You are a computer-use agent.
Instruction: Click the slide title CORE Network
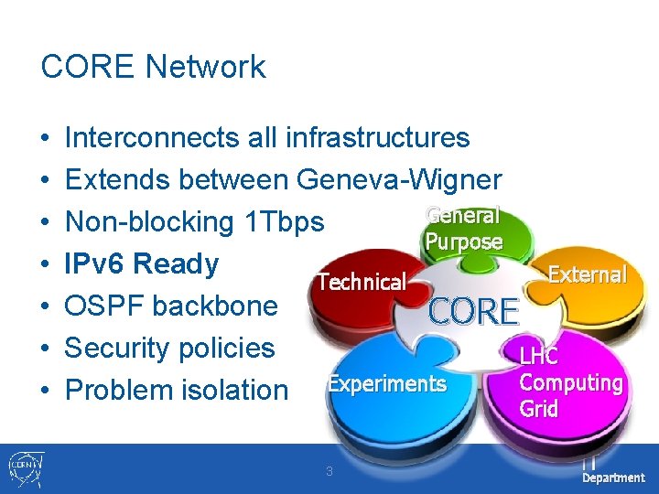click(x=153, y=67)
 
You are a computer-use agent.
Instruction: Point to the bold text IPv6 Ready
click(x=142, y=264)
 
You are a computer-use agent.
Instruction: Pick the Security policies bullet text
click(x=170, y=349)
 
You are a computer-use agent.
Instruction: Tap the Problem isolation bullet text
click(x=177, y=391)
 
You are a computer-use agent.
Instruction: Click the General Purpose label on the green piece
click(x=463, y=229)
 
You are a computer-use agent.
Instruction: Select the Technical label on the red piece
click(x=361, y=282)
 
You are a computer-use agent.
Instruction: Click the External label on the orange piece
click(x=586, y=274)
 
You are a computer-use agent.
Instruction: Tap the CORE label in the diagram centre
click(x=474, y=313)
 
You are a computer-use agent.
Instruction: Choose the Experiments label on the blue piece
click(x=387, y=384)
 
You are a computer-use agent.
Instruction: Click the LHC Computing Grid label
click(x=570, y=382)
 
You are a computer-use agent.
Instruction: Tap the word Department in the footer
click(x=613, y=478)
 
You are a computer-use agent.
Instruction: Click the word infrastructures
click(x=377, y=138)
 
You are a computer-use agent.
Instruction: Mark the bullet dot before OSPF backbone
click(x=46, y=306)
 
